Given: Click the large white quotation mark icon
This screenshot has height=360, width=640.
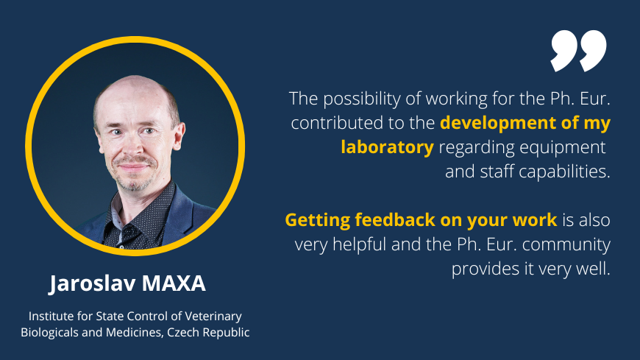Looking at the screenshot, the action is pyautogui.click(x=578, y=51).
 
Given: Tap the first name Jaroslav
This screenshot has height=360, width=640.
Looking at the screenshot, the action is pyautogui.click(x=93, y=284).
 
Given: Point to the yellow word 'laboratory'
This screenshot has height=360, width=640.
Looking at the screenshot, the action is pyautogui.click(x=388, y=147).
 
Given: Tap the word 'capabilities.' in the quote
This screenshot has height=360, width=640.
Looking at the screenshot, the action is pyautogui.click(x=564, y=172).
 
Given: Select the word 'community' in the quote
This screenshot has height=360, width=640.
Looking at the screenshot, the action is pyautogui.click(x=566, y=244).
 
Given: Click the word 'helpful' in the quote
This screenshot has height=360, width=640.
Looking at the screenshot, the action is pyautogui.click(x=359, y=244).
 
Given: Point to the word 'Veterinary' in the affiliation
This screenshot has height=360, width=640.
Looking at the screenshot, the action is pyautogui.click(x=213, y=317).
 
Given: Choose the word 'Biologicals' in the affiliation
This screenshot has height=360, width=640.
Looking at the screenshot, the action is pyautogui.click(x=49, y=333).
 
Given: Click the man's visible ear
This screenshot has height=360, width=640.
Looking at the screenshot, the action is pyautogui.click(x=179, y=135).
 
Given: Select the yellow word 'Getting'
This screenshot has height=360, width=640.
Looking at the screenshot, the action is pyautogui.click(x=317, y=220).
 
